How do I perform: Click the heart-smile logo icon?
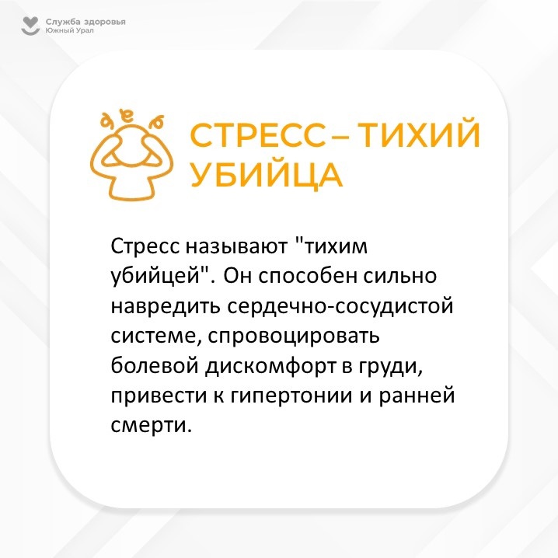tap(30, 26)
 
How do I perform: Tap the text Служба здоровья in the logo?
tap(85, 22)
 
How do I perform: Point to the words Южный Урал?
tap(69, 30)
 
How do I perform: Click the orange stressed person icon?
tap(131, 156)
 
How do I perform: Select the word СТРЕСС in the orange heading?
tap(258, 135)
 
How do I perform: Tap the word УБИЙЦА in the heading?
tap(267, 175)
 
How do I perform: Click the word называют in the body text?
tap(236, 246)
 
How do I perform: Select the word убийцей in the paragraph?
tap(156, 276)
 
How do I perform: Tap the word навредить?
tap(166, 306)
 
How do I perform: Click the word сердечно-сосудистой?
tap(340, 306)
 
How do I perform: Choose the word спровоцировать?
tap(294, 336)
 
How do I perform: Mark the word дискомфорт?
tap(270, 366)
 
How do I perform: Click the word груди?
tap(390, 367)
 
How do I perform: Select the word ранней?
tap(417, 396)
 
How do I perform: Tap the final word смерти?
tap(152, 426)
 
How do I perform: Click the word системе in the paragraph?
tap(156, 337)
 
